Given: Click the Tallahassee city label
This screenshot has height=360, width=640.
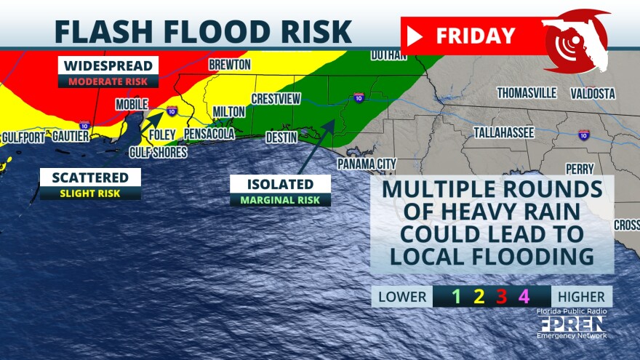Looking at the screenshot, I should tap(504, 132).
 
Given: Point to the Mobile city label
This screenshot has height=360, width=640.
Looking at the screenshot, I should tap(132, 104).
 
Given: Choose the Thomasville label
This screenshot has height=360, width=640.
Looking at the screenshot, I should tap(527, 93).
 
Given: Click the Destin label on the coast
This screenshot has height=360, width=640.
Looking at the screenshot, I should tap(281, 135).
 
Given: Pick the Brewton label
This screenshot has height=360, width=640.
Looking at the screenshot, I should tap(229, 65).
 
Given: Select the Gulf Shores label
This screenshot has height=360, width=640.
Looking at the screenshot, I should tap(158, 152).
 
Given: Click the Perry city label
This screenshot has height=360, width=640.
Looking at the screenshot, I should tap(580, 169).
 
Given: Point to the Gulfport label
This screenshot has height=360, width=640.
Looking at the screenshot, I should tap(23, 136).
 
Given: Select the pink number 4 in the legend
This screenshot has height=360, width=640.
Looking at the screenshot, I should tap(523, 296).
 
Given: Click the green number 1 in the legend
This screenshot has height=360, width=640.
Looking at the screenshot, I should tap(456, 296).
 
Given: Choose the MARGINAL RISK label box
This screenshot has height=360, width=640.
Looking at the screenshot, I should tap(280, 199).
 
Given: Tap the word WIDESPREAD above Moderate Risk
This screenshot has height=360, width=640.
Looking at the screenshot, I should tap(108, 66).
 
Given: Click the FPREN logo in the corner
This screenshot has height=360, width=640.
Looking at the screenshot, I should tap(572, 323).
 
